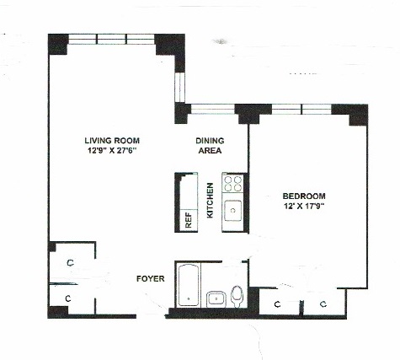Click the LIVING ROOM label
[x=111, y=140]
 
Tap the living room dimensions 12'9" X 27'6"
[x=111, y=152]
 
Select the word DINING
[x=209, y=140]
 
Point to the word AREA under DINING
[x=209, y=152]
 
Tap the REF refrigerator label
[x=188, y=220]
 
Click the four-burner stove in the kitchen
[x=232, y=184]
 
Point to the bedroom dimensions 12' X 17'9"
[x=304, y=204]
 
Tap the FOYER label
[x=151, y=277]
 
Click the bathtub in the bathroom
[x=187, y=288]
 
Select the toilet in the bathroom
[x=237, y=295]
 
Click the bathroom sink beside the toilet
[x=216, y=298]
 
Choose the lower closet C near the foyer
[x=70, y=298]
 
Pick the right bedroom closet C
[x=322, y=303]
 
